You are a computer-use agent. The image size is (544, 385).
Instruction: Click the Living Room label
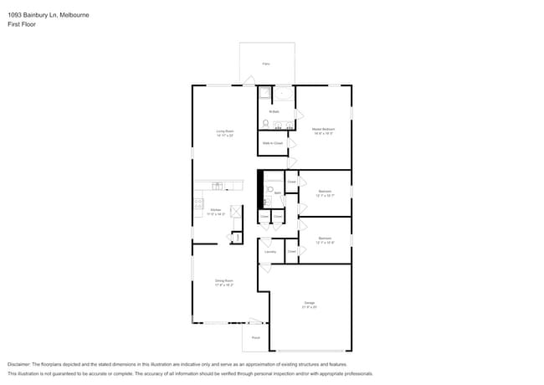pos(224,131)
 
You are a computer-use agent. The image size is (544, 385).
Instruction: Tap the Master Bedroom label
pos(323,129)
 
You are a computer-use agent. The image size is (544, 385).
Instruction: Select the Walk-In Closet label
pos(272,143)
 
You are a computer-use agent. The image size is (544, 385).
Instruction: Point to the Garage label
pos(309,302)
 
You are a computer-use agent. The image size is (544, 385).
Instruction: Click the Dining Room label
pos(223,280)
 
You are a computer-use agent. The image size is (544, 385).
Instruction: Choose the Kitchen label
pos(215,209)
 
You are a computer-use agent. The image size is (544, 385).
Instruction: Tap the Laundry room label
pos(269,251)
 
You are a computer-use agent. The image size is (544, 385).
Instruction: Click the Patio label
pos(266,64)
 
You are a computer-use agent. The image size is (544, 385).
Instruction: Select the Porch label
pos(255,337)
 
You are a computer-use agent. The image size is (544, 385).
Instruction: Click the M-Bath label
pos(274,111)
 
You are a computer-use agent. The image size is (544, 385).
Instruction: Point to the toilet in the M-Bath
pos(265,124)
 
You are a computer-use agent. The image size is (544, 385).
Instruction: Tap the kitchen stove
pos(199,202)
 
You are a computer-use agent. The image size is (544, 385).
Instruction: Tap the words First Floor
pos(22,24)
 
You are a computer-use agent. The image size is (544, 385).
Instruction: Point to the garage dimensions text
pos(309,307)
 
